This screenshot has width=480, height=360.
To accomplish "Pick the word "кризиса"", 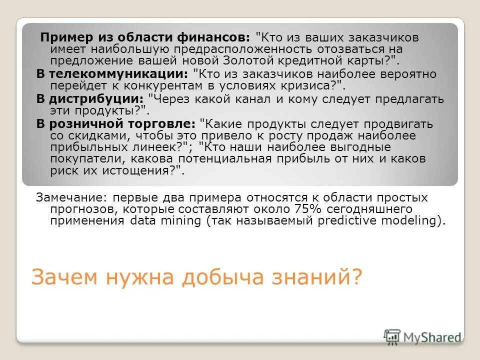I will pyautogui.click(x=307, y=85).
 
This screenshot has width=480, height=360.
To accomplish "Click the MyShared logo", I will pyautogui.click(x=423, y=336).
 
